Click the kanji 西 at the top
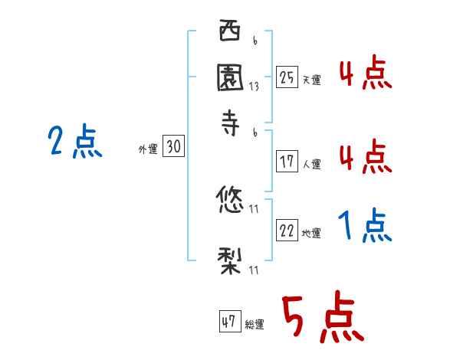[x=230, y=33]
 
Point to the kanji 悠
[x=230, y=201]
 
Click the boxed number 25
[x=287, y=77]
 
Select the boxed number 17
[x=287, y=162]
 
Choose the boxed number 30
[x=173, y=148]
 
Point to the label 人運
[x=312, y=164]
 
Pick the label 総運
[x=255, y=325]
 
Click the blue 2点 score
[x=74, y=142]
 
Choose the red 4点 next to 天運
[x=365, y=74]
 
